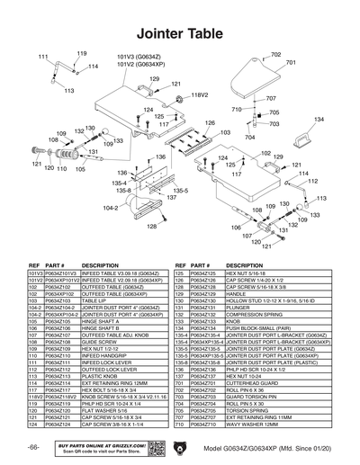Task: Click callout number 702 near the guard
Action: [x=275, y=55]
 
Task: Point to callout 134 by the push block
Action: [x=319, y=119]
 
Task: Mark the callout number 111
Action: [x=42, y=57]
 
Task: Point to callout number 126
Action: [x=210, y=122]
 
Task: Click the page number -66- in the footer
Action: [x=32, y=447]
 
